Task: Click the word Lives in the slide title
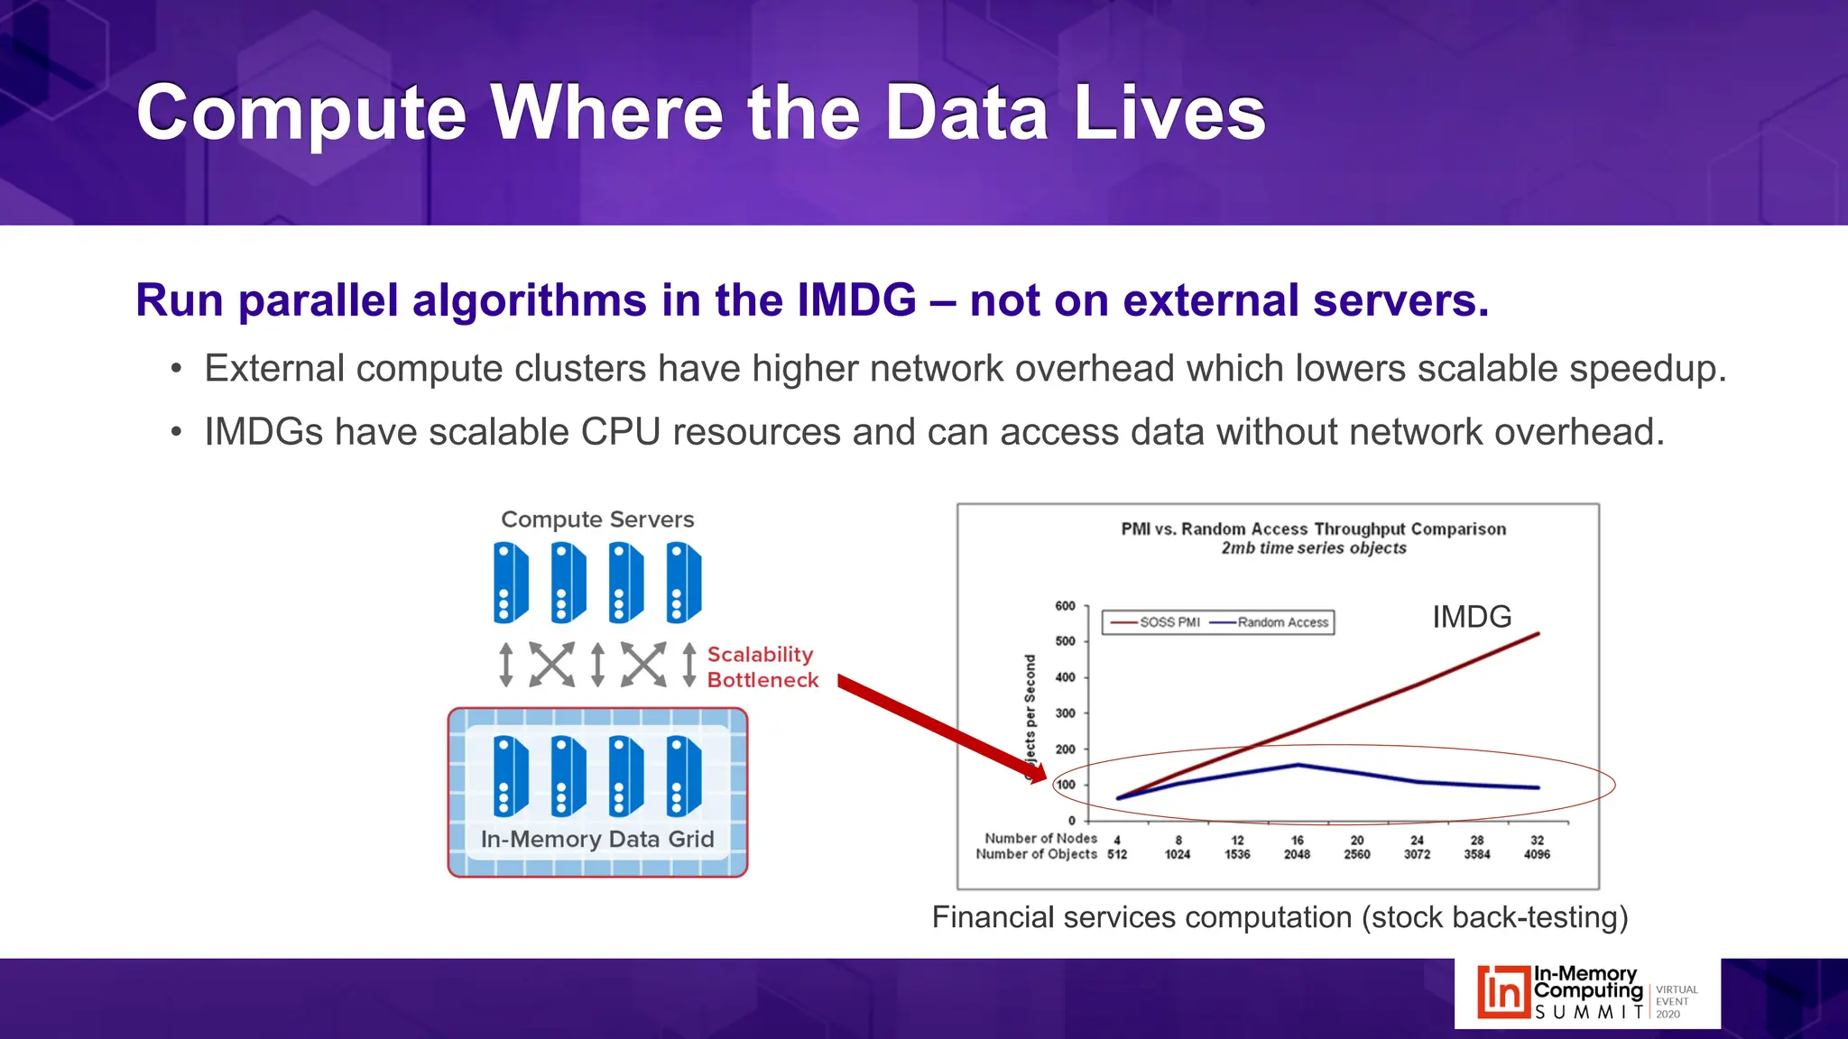click(1169, 114)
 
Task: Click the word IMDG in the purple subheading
click(856, 300)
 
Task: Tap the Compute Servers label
click(597, 519)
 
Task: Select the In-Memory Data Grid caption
click(597, 840)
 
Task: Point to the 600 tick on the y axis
click(1066, 606)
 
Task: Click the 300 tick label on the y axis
click(1066, 713)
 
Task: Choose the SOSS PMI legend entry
click(1156, 622)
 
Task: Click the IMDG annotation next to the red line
click(1472, 617)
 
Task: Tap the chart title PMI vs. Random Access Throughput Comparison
click(1313, 529)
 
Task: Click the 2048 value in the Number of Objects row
click(1297, 854)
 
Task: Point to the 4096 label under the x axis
click(1537, 854)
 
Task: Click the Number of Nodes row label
click(1040, 839)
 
